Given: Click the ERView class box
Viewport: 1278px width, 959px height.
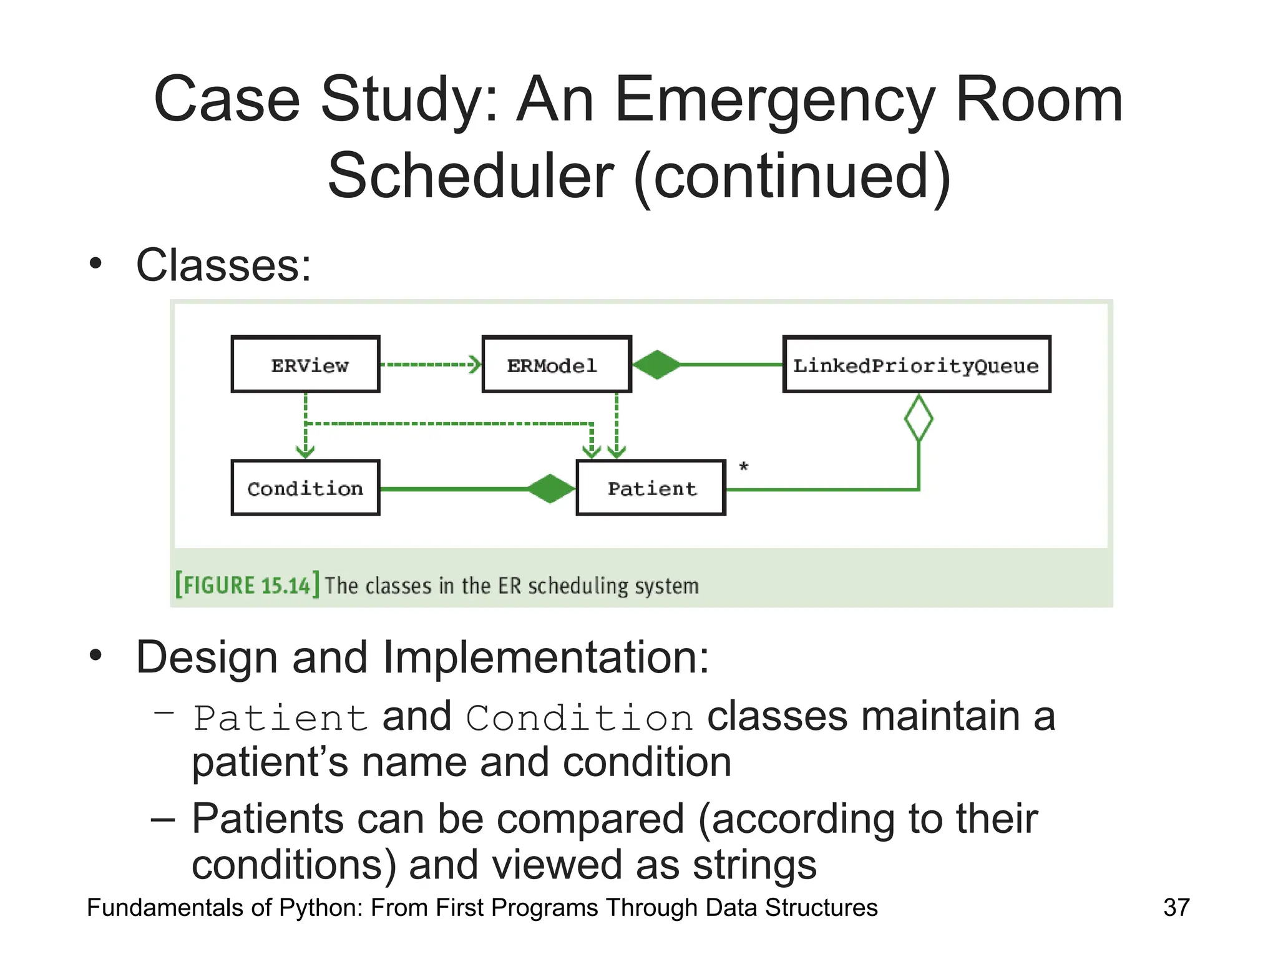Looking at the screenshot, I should point(305,364).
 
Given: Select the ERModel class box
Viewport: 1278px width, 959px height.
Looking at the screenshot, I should point(556,364).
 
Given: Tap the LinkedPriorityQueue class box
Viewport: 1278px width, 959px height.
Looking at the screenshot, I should point(916,364).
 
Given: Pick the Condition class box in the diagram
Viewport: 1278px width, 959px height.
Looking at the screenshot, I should point(305,488).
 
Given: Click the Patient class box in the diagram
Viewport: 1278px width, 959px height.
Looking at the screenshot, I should point(651,488).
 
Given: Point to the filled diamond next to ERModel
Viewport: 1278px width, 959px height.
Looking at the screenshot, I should point(656,365).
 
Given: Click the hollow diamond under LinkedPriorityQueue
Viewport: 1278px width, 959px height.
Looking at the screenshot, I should point(919,418).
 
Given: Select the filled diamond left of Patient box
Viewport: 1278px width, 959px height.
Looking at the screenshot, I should point(550,488).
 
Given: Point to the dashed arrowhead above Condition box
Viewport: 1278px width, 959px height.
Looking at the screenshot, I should point(305,451).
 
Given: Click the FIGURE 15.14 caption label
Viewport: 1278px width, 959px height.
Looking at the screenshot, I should point(247,585).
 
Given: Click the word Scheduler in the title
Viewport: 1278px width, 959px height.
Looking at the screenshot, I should point(471,176).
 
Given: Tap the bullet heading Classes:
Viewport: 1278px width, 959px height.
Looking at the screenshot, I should point(223,265).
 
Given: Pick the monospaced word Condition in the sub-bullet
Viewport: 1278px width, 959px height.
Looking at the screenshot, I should point(579,717).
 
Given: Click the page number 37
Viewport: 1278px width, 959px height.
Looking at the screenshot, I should point(1176,907).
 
